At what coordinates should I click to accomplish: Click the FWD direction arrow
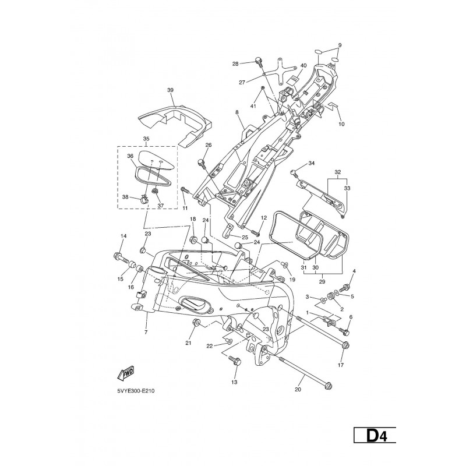(126, 373)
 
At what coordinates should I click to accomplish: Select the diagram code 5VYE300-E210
(136, 391)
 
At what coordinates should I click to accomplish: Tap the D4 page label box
(375, 435)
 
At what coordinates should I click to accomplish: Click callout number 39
(170, 90)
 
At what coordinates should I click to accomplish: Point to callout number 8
(237, 112)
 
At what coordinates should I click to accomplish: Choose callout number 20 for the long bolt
(298, 389)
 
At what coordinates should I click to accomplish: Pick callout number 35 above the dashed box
(146, 139)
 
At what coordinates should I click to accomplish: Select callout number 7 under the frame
(146, 332)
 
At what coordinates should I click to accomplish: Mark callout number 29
(322, 281)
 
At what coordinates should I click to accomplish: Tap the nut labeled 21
(196, 322)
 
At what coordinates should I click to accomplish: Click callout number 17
(341, 365)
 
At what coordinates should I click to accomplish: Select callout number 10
(341, 124)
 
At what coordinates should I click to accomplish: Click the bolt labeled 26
(201, 163)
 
